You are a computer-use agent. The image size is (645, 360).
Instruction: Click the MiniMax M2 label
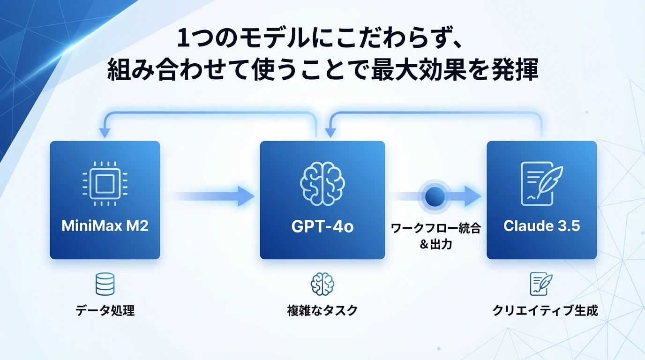coord(105,226)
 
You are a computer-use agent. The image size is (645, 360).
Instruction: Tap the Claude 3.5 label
coord(541,226)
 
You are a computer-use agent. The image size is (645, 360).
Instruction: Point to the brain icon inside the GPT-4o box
coord(322,183)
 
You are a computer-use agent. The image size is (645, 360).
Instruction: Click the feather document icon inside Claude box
coord(541,183)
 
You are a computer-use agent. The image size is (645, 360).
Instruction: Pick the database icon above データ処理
coord(105,284)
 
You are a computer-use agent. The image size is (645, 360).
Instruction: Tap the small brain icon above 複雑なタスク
coord(322,284)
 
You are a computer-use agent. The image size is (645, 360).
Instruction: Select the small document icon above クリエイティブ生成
coord(541,284)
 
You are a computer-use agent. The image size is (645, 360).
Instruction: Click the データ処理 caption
coord(105,310)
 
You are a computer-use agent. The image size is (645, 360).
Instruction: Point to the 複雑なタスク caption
coord(322,310)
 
